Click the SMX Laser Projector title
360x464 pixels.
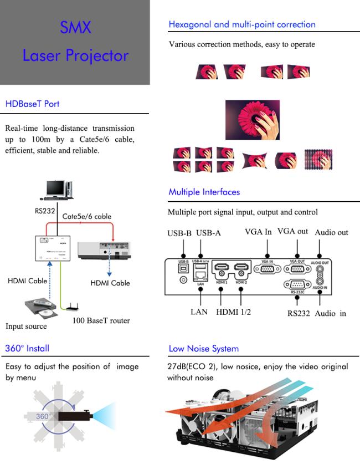75,42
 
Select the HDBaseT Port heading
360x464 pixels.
32,104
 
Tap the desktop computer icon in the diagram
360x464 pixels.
58,190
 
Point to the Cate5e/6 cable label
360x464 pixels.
87,216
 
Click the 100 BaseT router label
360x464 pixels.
101,320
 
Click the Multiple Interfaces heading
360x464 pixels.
204,192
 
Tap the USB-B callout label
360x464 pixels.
179,233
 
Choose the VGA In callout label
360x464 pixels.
258,232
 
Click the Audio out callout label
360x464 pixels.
331,233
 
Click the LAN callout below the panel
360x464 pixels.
198,312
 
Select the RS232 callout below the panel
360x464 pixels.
298,314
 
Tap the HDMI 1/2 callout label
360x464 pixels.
233,312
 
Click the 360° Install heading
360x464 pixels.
27,348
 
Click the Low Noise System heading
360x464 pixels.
203,349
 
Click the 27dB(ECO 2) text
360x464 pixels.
191,366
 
